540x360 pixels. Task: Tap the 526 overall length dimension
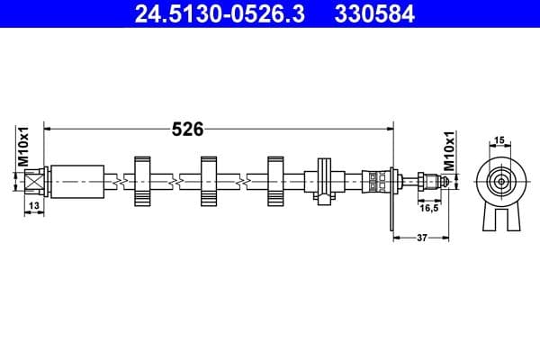187,129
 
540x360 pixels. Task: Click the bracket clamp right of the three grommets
323,179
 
